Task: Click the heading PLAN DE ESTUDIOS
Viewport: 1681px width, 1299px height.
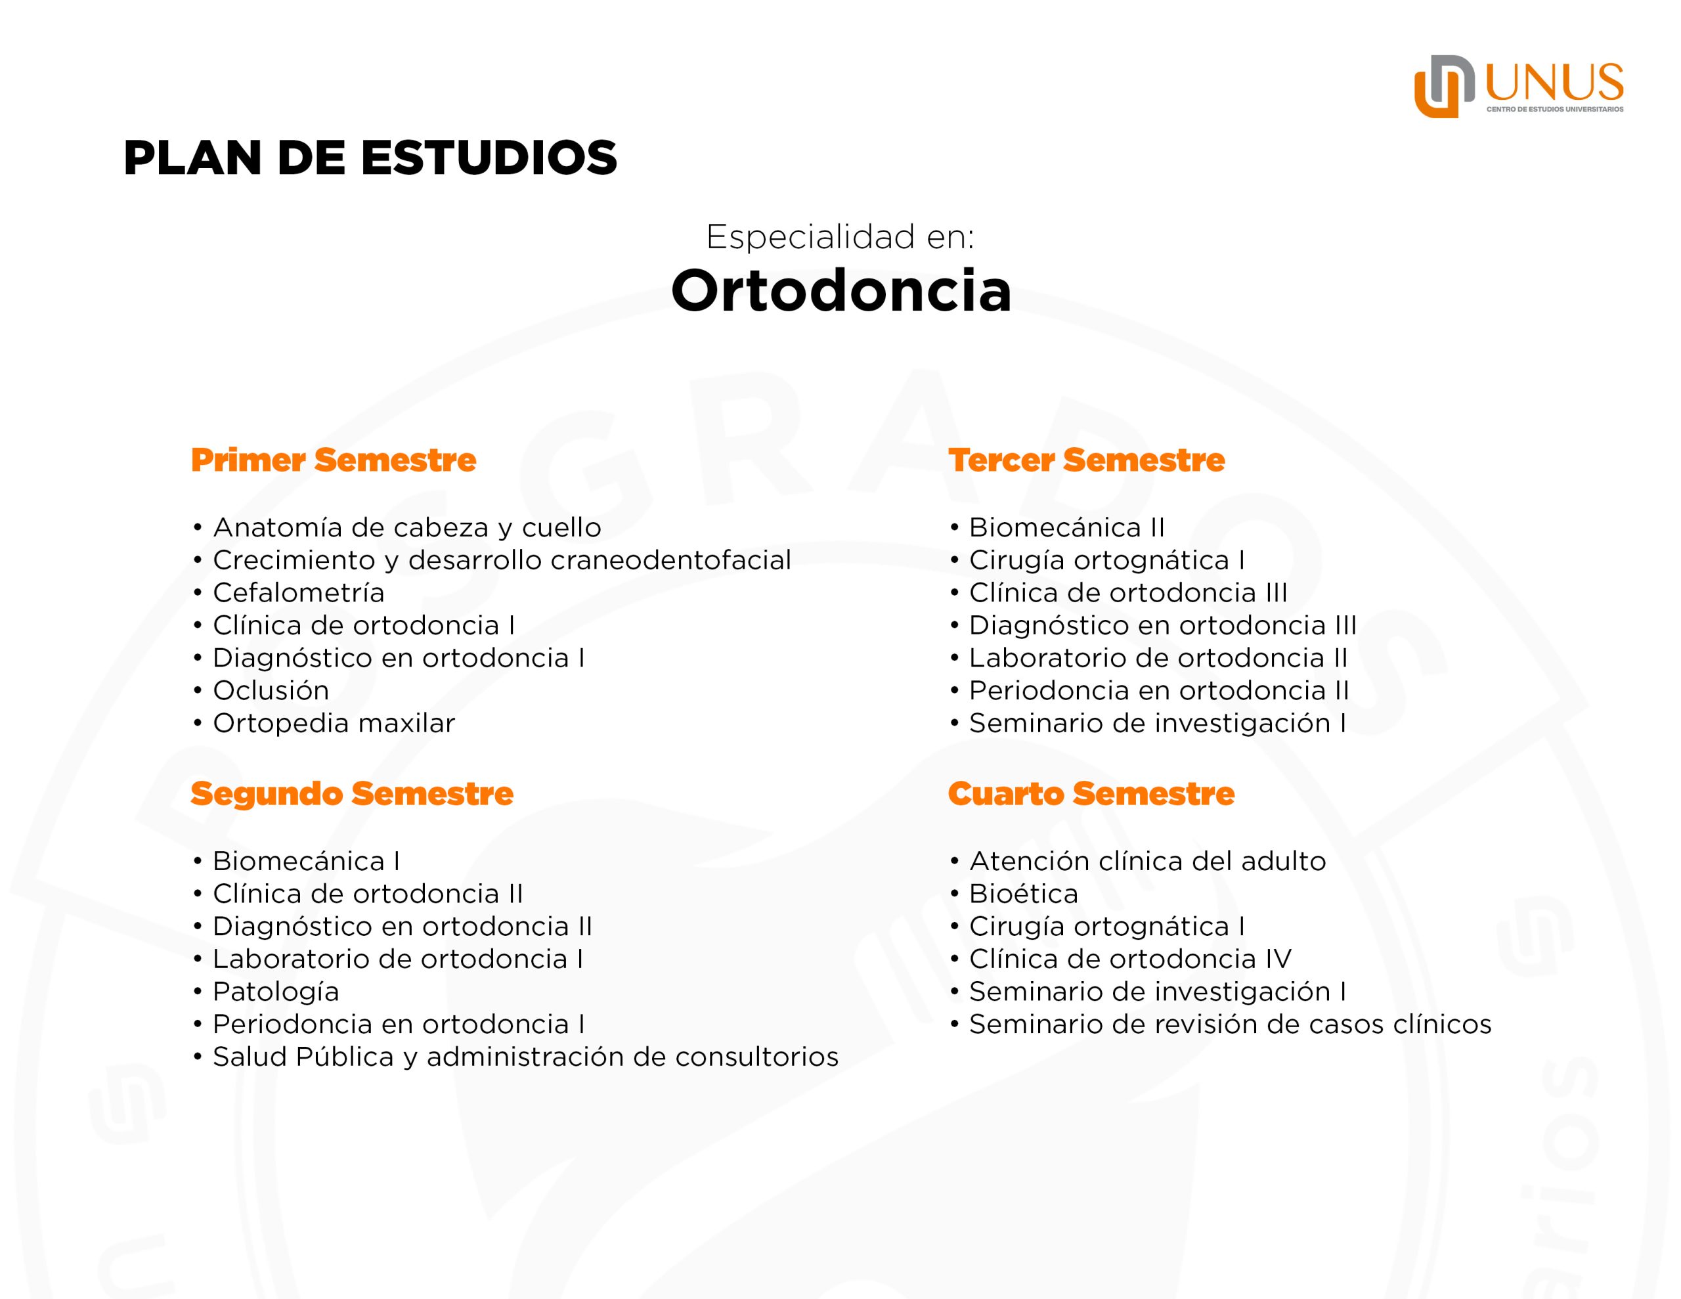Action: pyautogui.click(x=370, y=158)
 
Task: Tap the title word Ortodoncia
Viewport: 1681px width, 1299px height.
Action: pyautogui.click(x=840, y=290)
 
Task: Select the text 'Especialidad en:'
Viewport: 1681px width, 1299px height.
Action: pyautogui.click(x=840, y=236)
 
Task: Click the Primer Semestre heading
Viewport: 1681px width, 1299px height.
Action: pyautogui.click(x=334, y=460)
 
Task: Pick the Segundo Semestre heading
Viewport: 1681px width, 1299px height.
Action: pyautogui.click(x=352, y=793)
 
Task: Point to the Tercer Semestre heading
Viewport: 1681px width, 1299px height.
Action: pyautogui.click(x=1086, y=460)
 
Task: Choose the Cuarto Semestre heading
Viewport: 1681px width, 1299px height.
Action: pyautogui.click(x=1091, y=793)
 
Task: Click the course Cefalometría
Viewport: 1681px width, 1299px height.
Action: pyautogui.click(x=299, y=592)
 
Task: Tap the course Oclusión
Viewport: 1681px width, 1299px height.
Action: pyautogui.click(x=271, y=690)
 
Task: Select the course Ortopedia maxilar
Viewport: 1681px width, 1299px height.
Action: pyautogui.click(x=334, y=723)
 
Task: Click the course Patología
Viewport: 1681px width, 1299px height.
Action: pyautogui.click(x=276, y=991)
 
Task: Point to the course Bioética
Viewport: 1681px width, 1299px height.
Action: pyautogui.click(x=1024, y=893)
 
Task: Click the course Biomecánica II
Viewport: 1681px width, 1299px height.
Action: pyautogui.click(x=1067, y=527)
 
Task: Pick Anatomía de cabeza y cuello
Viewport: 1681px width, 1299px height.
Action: pyautogui.click(x=407, y=527)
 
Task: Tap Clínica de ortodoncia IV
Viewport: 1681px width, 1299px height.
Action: pyautogui.click(x=1130, y=959)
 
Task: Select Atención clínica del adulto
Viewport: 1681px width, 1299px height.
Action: pyautogui.click(x=1148, y=861)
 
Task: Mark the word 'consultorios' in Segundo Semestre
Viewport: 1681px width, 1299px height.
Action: pyautogui.click(x=756, y=1057)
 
